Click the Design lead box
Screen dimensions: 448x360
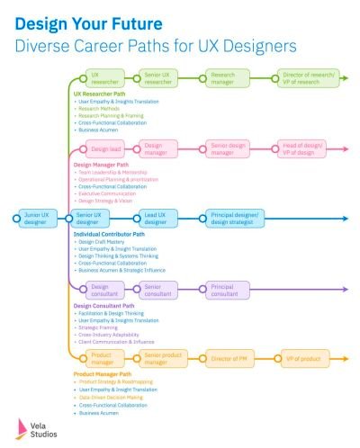tap(104, 149)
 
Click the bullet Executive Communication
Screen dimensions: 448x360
tap(113, 193)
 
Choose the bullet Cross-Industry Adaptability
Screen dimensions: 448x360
tap(116, 333)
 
